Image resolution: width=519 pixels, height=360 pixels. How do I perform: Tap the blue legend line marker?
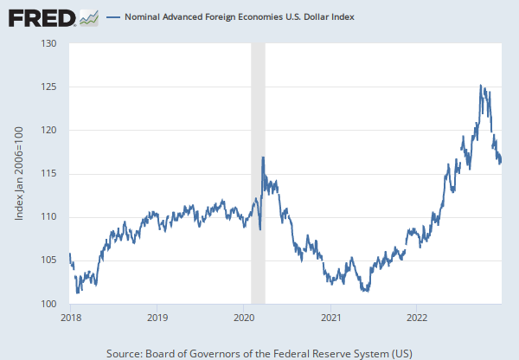[x=113, y=16]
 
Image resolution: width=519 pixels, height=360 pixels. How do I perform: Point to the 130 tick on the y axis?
[x=48, y=43]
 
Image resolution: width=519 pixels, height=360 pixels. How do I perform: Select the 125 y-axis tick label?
[x=48, y=87]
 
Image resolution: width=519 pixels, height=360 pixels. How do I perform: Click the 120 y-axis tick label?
[x=48, y=130]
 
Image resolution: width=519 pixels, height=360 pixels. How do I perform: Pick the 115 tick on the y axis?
[x=48, y=174]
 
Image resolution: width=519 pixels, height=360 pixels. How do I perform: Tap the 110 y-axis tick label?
[x=48, y=217]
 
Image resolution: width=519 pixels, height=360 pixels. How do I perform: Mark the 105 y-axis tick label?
[x=48, y=260]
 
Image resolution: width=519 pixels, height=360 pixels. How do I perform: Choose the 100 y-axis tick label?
[x=48, y=304]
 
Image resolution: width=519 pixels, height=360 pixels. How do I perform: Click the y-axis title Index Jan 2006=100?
[x=20, y=173]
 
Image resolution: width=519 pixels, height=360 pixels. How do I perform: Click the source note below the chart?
[x=259, y=353]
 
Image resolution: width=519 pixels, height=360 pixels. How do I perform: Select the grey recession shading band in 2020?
[x=257, y=173]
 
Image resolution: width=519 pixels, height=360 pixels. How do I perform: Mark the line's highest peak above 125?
[x=480, y=85]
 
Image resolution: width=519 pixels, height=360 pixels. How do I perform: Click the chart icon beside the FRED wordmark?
[x=88, y=16]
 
